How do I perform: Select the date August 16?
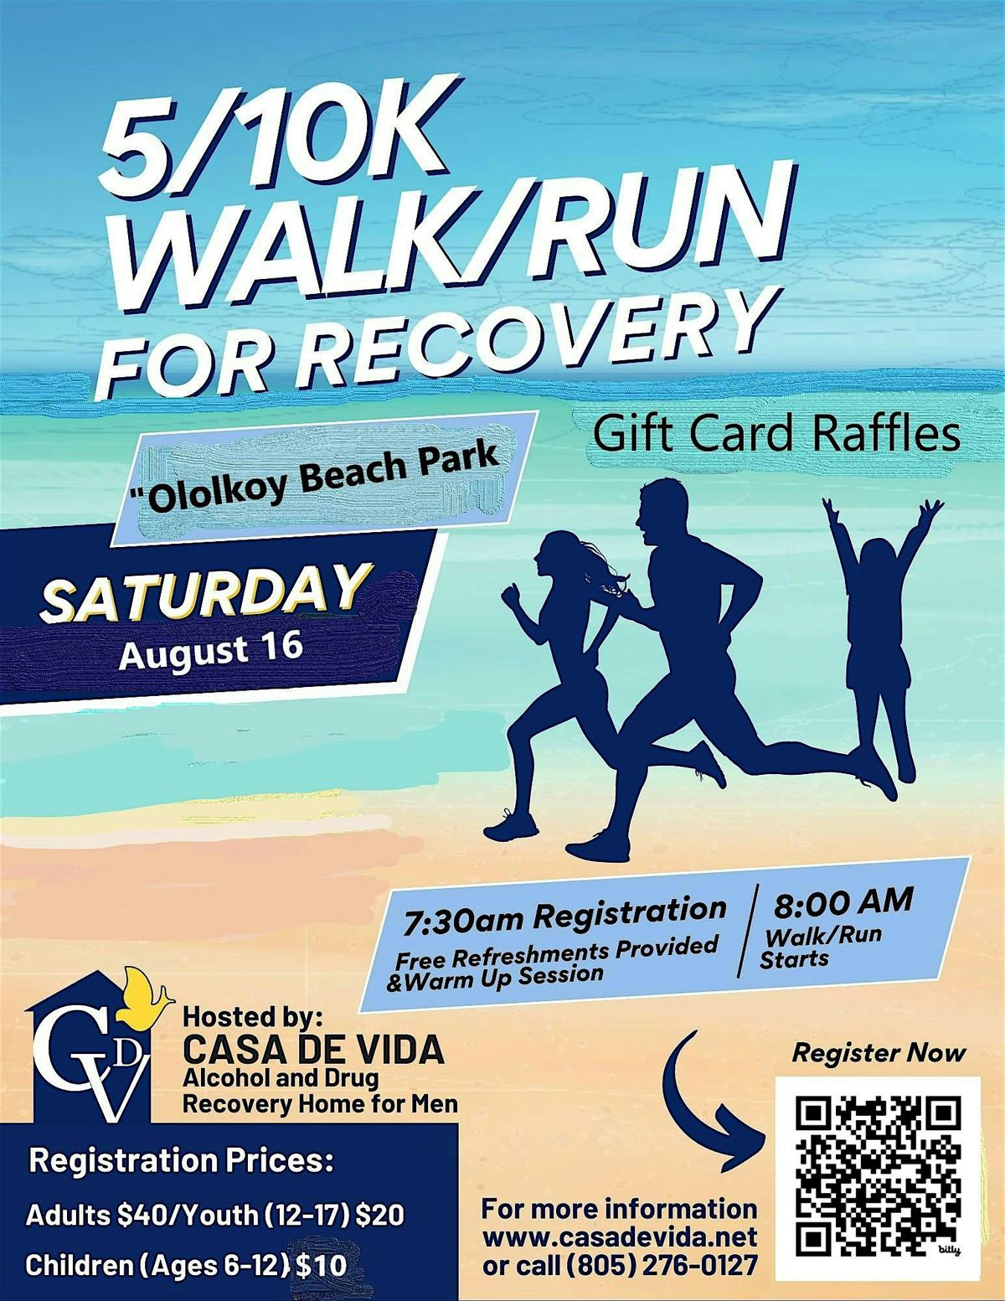[210, 650]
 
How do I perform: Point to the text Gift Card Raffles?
[777, 435]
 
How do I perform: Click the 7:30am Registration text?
[564, 915]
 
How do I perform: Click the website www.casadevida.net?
[620, 1236]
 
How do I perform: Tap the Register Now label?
[879, 1053]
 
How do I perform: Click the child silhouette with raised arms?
[880, 620]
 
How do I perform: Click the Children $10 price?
[185, 1265]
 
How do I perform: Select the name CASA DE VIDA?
[313, 1051]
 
